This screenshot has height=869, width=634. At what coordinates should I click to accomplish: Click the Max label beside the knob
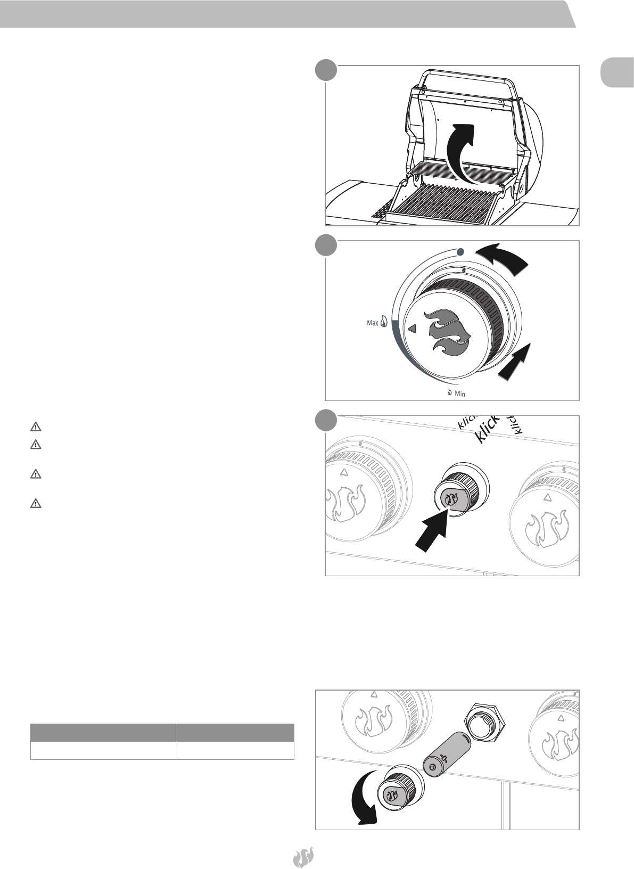tap(373, 323)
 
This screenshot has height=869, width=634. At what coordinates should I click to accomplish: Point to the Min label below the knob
tap(460, 394)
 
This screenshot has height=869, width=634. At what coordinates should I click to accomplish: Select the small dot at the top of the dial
tap(460, 252)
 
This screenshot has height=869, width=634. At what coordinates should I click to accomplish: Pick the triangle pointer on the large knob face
tap(411, 329)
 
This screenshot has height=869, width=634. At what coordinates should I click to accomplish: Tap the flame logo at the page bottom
tap(303, 857)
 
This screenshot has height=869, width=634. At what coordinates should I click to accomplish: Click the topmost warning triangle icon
tap(36, 427)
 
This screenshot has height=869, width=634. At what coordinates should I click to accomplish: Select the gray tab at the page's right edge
tap(616, 73)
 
